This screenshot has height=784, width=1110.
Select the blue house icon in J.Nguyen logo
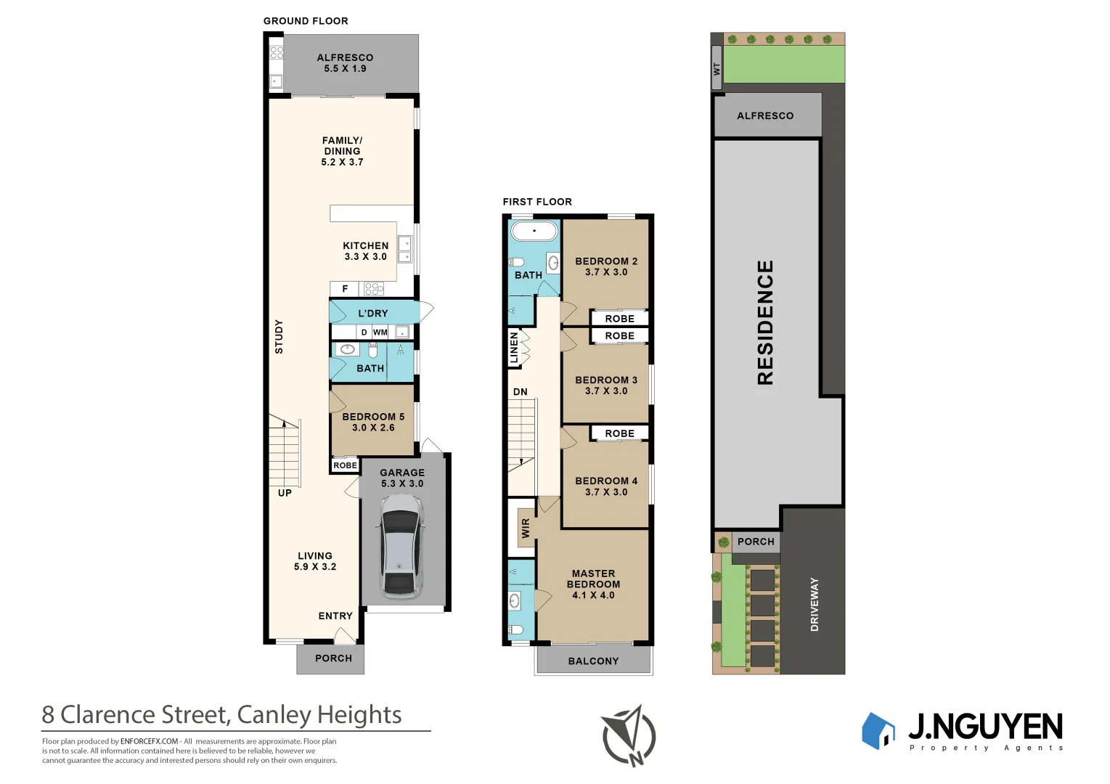click(x=878, y=731)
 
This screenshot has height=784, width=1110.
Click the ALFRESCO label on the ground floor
click(x=345, y=57)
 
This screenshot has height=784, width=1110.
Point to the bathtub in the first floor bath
click(x=534, y=231)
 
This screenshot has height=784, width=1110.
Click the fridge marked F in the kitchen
click(x=345, y=289)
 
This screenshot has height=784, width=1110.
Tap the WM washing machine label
click(x=380, y=332)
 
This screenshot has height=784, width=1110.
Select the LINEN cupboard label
click(x=514, y=347)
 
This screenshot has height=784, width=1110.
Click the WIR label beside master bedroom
click(x=526, y=528)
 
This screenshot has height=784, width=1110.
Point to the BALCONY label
click(x=593, y=661)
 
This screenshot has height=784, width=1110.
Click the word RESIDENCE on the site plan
click(x=765, y=322)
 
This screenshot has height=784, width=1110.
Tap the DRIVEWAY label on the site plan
click(x=814, y=604)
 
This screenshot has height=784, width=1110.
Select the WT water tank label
click(x=717, y=69)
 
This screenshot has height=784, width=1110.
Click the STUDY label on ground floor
click(x=279, y=337)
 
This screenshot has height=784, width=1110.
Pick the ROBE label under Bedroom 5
click(x=345, y=465)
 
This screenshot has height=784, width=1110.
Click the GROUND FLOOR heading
click(x=306, y=21)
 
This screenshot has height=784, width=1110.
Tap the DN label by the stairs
click(x=521, y=392)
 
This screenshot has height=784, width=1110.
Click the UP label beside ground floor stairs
click(x=285, y=493)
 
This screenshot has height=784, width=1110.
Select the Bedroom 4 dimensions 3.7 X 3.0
click(x=606, y=492)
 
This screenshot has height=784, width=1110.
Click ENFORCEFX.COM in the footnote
click(x=149, y=741)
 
